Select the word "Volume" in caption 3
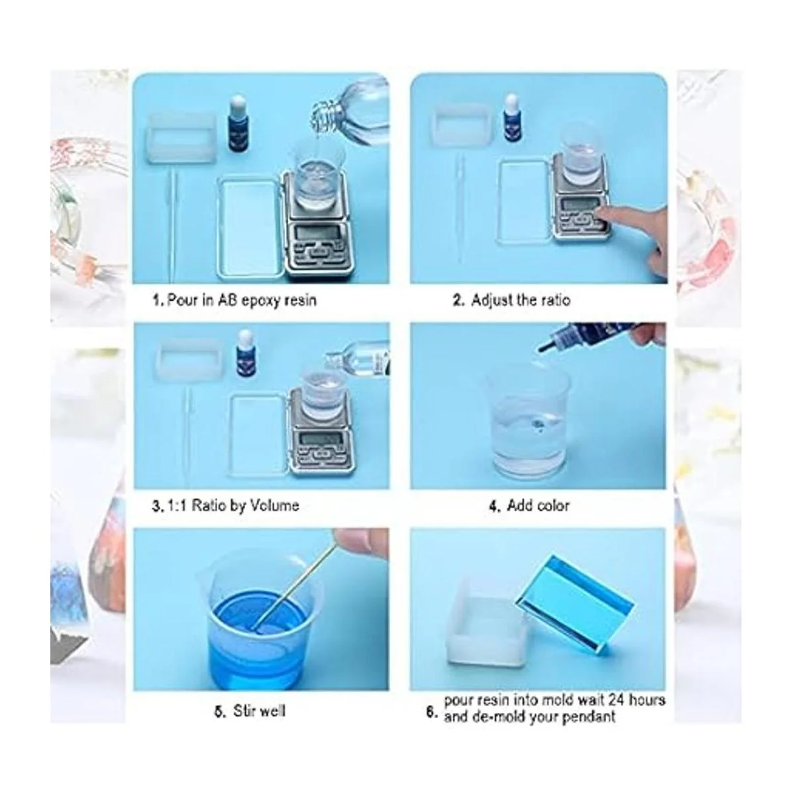pos(274,505)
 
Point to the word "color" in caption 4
pos(551,505)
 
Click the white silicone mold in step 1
pos(182,139)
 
